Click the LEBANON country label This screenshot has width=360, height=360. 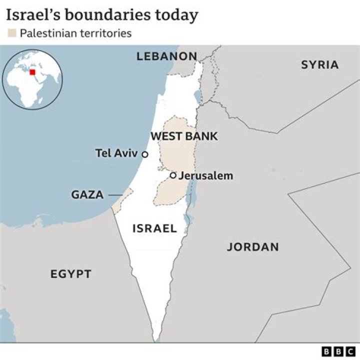(x=166, y=56)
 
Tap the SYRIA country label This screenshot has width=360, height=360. (x=319, y=64)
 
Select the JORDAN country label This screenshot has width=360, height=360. (x=253, y=246)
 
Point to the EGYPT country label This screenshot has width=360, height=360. (x=71, y=273)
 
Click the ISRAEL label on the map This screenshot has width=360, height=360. (x=154, y=228)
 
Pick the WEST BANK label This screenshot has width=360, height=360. (x=184, y=136)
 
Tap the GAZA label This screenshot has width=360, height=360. (x=87, y=194)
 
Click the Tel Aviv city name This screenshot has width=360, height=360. (x=116, y=153)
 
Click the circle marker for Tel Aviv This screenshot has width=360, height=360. (x=145, y=154)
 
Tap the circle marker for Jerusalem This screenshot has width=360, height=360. (x=173, y=175)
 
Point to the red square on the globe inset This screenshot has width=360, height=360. (x=33, y=72)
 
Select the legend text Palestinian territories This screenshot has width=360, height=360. (x=75, y=34)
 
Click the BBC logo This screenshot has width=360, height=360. (x=338, y=351)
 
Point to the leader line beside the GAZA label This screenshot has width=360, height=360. (x=115, y=194)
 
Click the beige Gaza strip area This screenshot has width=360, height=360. (x=122, y=199)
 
